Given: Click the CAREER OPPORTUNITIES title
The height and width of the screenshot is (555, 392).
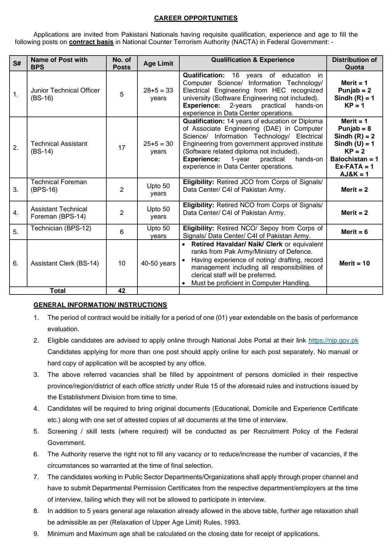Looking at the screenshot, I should (196, 18).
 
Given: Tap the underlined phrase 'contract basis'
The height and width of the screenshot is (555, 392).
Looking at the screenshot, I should (91, 42).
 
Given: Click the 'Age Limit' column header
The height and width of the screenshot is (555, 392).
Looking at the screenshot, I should (158, 64).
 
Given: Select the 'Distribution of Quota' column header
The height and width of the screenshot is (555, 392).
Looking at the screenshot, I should (354, 64).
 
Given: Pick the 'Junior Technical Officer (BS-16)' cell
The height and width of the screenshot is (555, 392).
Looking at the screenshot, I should (65, 94).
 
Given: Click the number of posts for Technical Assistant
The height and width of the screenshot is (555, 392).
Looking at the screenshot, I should (122, 148).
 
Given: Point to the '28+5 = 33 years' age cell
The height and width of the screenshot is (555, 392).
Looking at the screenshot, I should (158, 94).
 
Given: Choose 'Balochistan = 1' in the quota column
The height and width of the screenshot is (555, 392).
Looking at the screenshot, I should (354, 159).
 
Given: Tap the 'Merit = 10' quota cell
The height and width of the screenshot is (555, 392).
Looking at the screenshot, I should (354, 263).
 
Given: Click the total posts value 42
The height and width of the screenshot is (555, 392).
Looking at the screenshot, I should (122, 290).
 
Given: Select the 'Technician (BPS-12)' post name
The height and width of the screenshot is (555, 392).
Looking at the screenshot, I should (61, 228).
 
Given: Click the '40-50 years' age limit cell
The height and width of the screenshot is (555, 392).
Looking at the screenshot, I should (158, 263).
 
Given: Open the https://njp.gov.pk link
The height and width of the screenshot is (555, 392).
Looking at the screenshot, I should (333, 340).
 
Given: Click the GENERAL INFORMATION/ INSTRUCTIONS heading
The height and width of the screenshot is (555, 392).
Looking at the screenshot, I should (100, 305).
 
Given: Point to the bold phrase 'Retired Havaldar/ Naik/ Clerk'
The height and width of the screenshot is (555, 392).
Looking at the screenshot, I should (237, 244).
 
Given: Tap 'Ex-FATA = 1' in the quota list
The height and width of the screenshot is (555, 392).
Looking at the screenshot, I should (354, 166).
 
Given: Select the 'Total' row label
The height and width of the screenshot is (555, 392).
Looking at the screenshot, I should (58, 290).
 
